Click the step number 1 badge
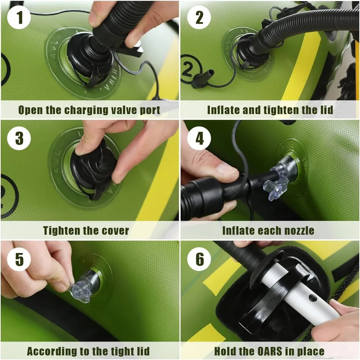point(19,17)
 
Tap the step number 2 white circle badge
point(199,17)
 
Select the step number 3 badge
point(19,138)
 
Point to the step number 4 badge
point(199,138)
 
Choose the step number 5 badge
point(19,259)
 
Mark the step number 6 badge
point(199,259)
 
